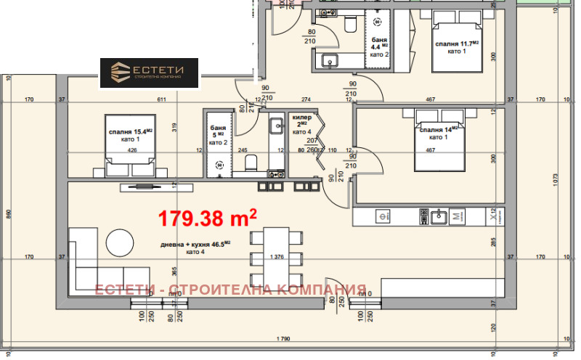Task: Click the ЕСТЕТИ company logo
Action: [149, 72]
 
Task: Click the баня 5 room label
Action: [219, 134]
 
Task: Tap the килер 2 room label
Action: [301, 124]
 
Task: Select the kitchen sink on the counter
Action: [438, 216]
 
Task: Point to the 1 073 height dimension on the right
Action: [556, 181]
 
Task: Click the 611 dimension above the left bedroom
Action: [162, 99]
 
